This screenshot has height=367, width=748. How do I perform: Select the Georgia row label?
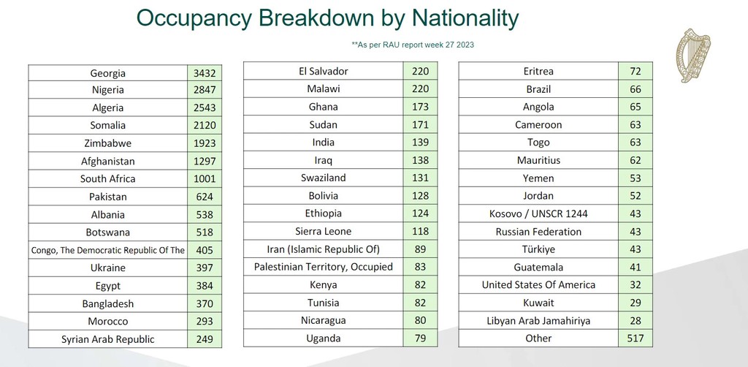[108, 73]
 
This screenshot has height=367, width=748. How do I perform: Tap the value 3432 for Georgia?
[204, 73]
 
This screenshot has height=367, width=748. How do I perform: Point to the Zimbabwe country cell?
[108, 144]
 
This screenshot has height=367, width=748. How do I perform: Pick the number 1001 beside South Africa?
[204, 179]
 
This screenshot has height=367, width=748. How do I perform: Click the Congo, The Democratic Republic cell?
[108, 250]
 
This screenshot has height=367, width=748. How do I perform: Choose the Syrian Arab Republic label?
[108, 339]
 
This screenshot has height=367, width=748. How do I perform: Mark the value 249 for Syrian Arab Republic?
[204, 339]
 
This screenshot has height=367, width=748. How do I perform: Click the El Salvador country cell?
[324, 72]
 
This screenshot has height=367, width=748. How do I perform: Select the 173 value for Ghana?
[420, 107]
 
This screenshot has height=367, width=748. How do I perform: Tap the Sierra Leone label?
[324, 231]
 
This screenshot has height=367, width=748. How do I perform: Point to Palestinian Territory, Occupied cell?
[324, 267]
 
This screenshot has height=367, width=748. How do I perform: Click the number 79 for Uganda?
[420, 338]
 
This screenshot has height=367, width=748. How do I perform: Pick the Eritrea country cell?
[538, 72]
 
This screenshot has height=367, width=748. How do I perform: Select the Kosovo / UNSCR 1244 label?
[538, 214]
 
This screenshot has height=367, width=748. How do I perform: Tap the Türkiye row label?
[538, 249]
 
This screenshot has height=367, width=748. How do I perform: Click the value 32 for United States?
[635, 285]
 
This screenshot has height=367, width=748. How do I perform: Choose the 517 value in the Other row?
[635, 338]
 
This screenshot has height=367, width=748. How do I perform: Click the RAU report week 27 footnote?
[413, 45]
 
